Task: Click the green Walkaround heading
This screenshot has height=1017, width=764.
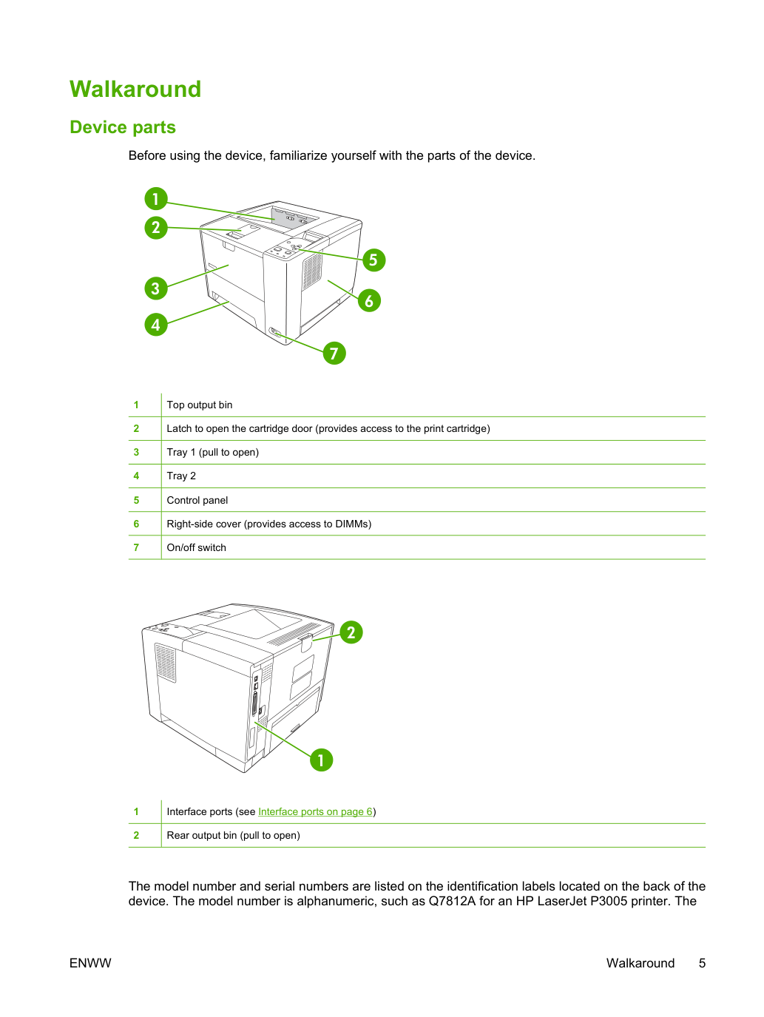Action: point(135,89)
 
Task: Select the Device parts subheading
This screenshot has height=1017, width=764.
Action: point(123,127)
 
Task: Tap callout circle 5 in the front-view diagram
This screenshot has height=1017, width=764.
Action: point(373,260)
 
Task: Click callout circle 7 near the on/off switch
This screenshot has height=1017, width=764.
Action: point(334,353)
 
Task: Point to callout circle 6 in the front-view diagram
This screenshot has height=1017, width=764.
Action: point(369,300)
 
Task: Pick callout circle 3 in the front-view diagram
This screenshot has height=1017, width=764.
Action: point(155,288)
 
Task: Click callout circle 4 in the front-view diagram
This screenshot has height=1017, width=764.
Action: point(155,324)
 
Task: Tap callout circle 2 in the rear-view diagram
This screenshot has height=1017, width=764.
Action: point(351,632)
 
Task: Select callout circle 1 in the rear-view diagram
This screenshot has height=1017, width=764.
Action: point(321,760)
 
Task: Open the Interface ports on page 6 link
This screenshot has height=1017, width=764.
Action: point(315,811)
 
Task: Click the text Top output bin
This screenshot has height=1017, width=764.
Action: point(199,405)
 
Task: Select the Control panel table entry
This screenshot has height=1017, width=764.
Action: point(197,501)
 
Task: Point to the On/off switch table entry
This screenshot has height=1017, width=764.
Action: point(196,547)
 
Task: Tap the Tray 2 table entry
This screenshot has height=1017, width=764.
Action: point(181,476)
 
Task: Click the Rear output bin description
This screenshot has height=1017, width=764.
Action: point(233,835)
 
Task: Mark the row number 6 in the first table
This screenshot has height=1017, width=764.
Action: point(136,524)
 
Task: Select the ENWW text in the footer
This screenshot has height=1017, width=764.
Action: point(90,963)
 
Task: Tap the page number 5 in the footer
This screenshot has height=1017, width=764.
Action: point(702,963)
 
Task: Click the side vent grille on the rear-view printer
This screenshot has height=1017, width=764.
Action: point(165,663)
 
